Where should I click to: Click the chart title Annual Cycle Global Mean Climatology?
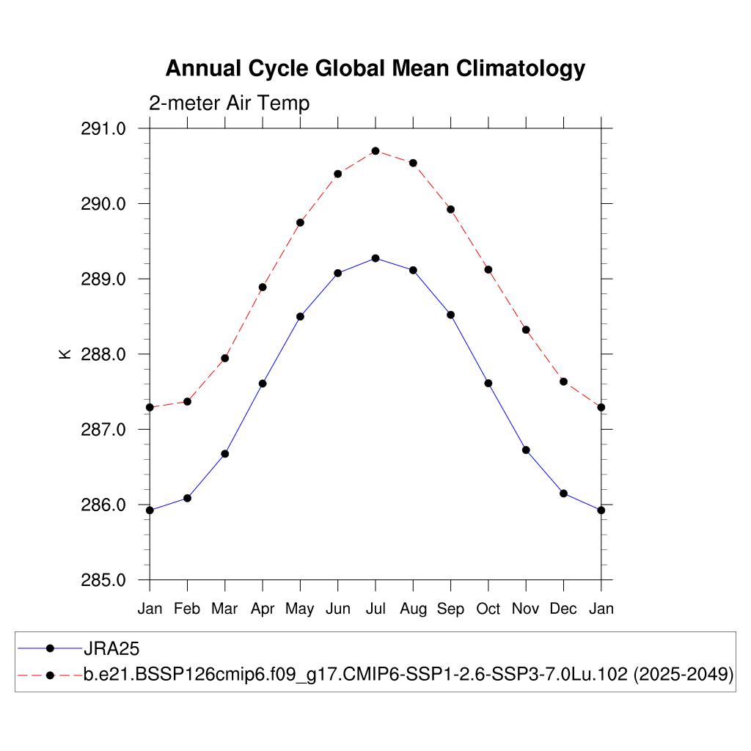375,68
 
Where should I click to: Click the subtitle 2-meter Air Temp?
229,103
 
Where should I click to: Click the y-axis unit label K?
65,354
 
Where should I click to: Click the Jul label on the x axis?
375,609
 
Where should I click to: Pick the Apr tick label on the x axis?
263,609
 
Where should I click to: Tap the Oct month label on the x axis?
488,609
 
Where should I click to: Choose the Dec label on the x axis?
563,609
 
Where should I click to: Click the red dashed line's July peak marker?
375,151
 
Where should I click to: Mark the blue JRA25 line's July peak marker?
375,258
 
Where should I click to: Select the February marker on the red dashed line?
188,401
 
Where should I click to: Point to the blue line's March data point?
225,454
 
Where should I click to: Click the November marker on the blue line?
526,450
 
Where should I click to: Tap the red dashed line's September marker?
451,210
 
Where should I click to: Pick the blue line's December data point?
563,494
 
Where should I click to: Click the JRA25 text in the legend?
111,648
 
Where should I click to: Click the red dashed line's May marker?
300,222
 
